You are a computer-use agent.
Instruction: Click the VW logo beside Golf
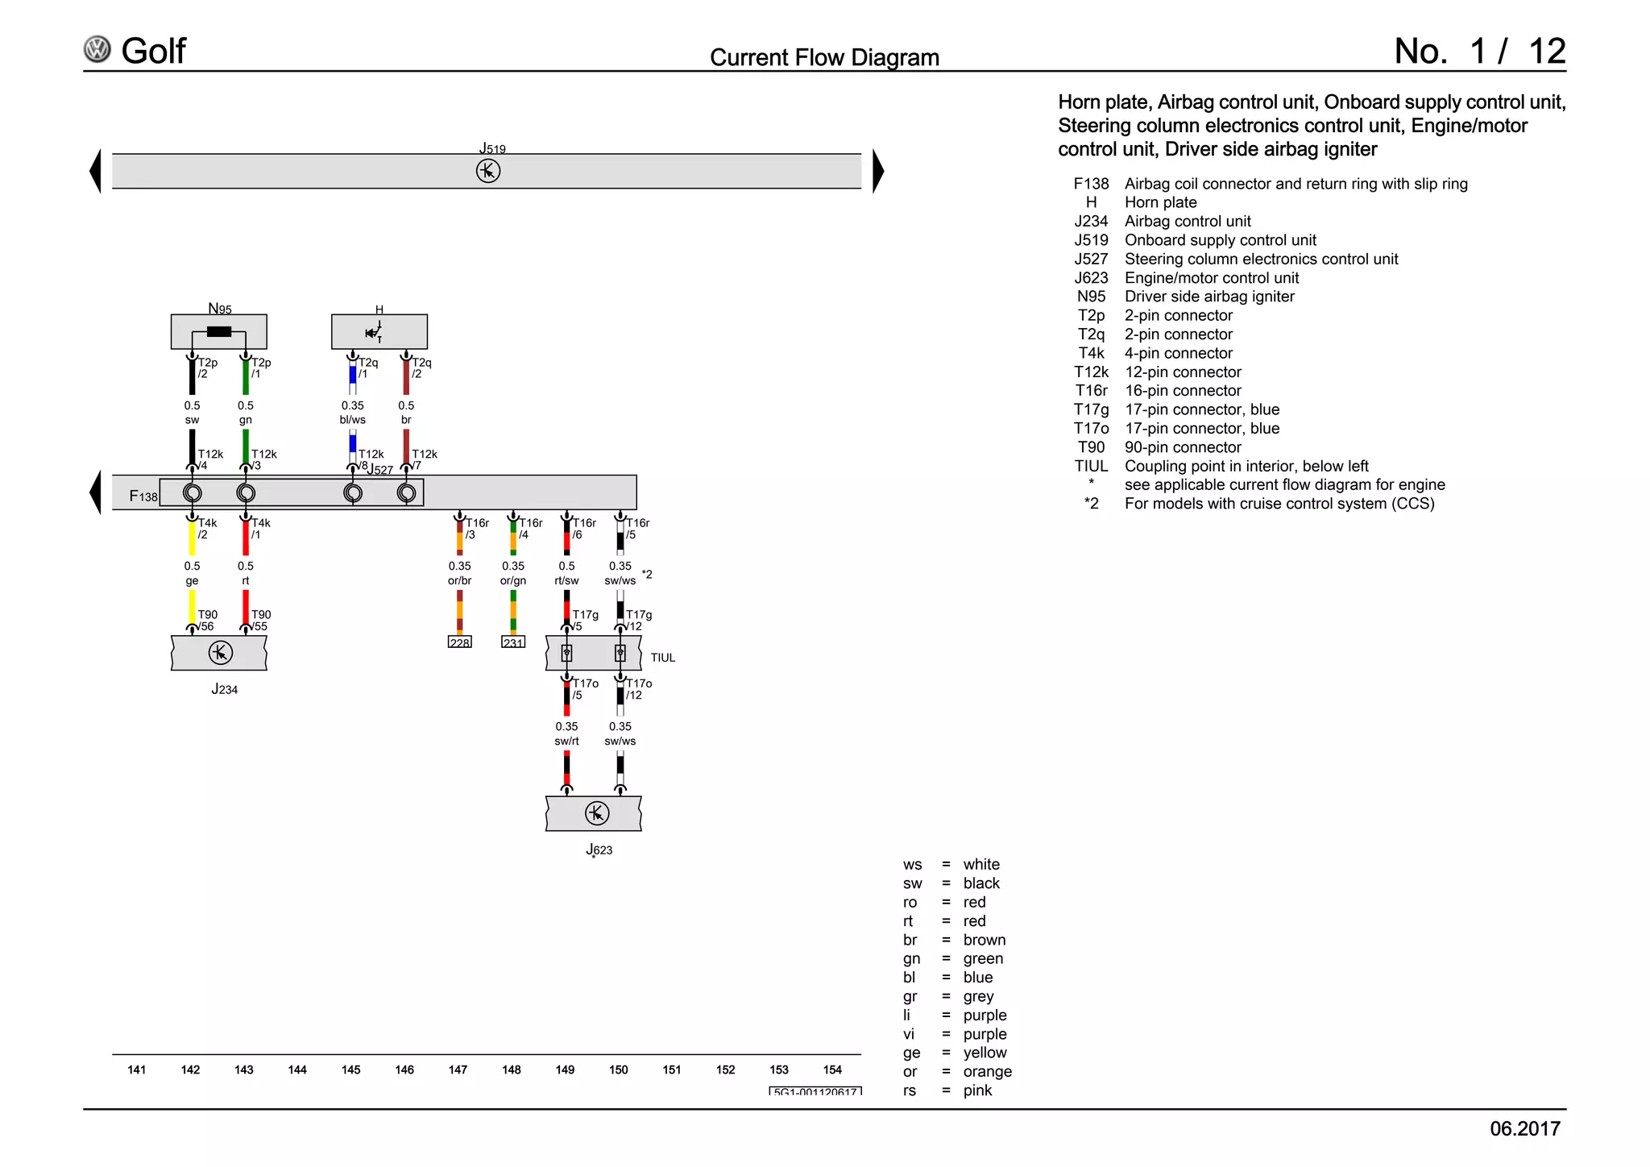pos(97,50)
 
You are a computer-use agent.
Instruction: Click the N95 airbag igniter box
pos(218,331)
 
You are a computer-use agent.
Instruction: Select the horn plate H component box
pos(379,331)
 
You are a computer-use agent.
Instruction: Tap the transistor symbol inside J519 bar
pos(488,171)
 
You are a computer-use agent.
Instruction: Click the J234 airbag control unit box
pos(219,653)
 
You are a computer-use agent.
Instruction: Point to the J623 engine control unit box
pos(594,813)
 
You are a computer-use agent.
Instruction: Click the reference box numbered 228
pos(459,642)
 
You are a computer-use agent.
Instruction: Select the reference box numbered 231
pos(513,642)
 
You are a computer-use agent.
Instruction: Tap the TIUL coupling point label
pos(663,658)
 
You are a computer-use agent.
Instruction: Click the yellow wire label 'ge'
pos(192,580)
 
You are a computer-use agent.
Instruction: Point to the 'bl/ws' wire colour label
pos(353,420)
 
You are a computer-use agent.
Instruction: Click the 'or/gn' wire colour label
pos(513,580)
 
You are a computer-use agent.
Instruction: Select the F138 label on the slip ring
pos(143,496)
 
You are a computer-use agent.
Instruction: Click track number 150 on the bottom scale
pos(619,1069)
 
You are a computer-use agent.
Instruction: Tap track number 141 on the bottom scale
pos(137,1069)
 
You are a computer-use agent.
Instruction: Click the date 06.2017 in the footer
pos(1524,1128)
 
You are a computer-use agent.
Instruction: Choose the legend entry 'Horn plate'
pos(1160,202)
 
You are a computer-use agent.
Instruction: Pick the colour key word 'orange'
pos(987,1071)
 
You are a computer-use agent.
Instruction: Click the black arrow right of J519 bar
pos(878,171)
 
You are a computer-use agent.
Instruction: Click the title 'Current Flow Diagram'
pos(824,57)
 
